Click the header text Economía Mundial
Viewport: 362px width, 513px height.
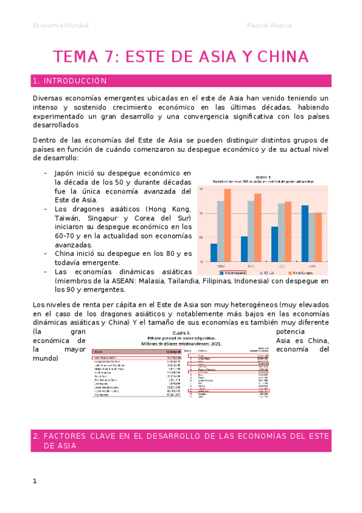[x=60, y=25]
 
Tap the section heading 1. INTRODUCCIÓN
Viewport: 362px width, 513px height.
[x=71, y=80]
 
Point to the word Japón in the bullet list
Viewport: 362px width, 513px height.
[x=65, y=173]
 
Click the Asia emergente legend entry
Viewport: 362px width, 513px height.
[x=234, y=272]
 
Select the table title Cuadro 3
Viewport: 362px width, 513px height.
[x=181, y=333]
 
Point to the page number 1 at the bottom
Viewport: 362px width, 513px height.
[x=35, y=481]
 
